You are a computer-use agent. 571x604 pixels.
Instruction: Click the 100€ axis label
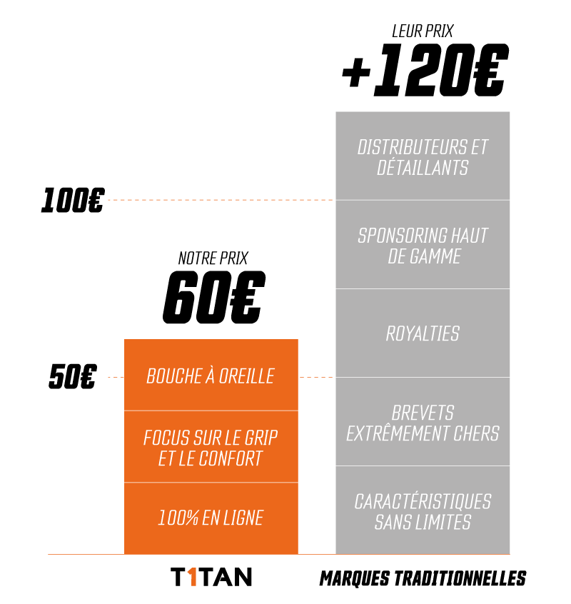coord(73,201)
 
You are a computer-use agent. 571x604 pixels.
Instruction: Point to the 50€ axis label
coord(72,376)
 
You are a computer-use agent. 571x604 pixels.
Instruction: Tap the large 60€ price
coord(214,297)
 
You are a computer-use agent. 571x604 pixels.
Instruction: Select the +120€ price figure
coord(425,70)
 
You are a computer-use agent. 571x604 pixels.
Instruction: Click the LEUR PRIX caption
coord(423,31)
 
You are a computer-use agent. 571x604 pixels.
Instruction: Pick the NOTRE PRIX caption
coord(213,258)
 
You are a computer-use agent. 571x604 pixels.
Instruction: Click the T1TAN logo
coord(211,577)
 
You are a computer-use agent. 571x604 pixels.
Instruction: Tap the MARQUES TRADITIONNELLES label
coord(423,578)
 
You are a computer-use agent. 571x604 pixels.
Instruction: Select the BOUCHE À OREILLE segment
coord(211,376)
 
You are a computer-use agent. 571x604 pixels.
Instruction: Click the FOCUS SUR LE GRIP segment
coord(211,447)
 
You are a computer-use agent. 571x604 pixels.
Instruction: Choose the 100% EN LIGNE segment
coord(211,518)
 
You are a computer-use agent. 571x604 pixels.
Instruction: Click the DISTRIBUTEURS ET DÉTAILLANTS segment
coord(423,156)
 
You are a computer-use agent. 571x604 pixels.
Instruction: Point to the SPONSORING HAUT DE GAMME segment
coord(423,245)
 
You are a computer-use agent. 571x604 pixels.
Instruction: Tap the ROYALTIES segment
coord(423,333)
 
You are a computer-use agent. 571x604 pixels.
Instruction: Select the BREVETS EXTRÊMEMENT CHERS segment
coord(423,422)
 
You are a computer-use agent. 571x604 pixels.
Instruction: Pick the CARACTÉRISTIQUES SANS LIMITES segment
coord(423,510)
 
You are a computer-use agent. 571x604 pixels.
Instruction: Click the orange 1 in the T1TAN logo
coord(193,577)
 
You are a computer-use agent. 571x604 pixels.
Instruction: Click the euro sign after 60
coord(247,297)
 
